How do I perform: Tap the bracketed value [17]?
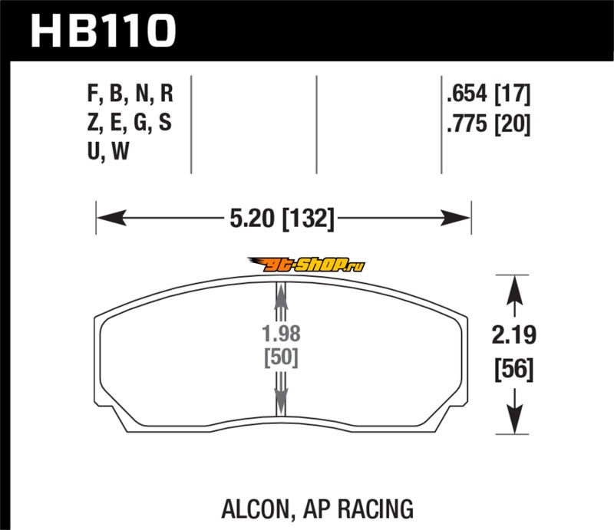[512, 96]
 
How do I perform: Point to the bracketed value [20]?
[512, 123]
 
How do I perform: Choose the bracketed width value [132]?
[309, 219]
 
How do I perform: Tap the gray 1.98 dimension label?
[280, 334]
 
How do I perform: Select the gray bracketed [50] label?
[280, 357]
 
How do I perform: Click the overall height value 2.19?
[511, 336]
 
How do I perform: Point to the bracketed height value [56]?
[511, 371]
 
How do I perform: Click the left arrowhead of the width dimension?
[105, 219]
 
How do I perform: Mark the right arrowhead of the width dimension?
[461, 219]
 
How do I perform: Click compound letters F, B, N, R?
[130, 96]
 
